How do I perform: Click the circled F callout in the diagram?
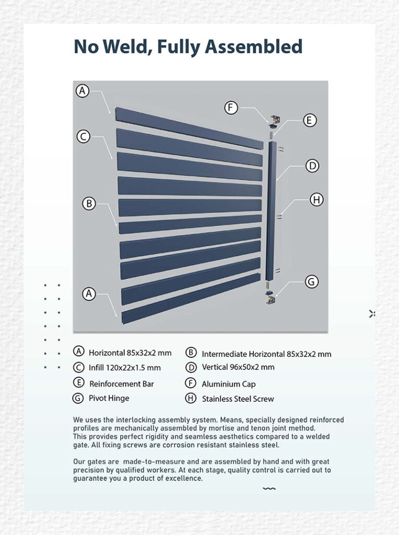(x=231, y=108)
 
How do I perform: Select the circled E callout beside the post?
(x=310, y=120)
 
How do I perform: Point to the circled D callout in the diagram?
(x=312, y=166)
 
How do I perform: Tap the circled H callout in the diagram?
(x=316, y=199)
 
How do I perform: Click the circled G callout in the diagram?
(x=311, y=282)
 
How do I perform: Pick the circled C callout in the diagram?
(x=83, y=137)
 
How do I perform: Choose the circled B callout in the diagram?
(x=89, y=203)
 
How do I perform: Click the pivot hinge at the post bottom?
(x=271, y=297)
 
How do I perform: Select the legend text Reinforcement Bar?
(x=122, y=384)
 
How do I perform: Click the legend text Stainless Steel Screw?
(x=238, y=399)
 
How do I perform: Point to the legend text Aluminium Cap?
(x=229, y=384)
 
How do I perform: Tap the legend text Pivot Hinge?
(x=109, y=398)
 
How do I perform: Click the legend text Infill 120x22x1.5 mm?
(x=124, y=367)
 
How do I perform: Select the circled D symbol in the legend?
(x=191, y=367)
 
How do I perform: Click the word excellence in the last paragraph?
(x=183, y=478)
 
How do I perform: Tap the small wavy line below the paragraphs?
(x=269, y=489)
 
